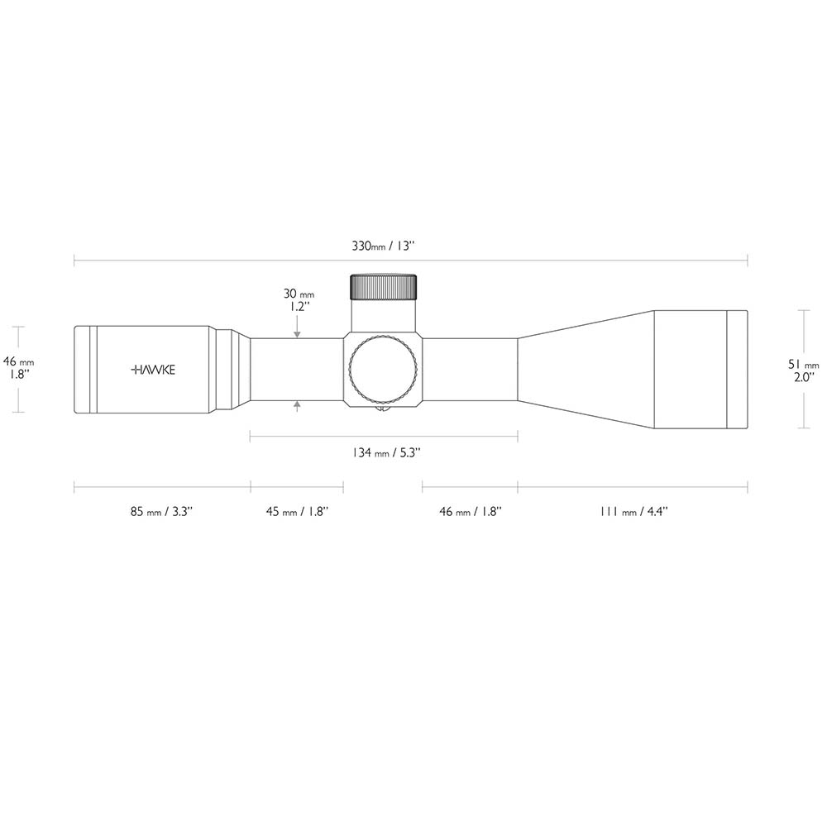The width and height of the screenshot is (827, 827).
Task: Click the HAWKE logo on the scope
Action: point(153,370)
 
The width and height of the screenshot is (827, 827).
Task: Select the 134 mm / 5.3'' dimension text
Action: point(386,452)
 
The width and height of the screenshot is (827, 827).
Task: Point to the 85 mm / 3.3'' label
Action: point(162,512)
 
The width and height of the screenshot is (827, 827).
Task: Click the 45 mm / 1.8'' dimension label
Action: point(298,512)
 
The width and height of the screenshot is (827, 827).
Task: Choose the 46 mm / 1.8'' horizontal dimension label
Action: point(471,512)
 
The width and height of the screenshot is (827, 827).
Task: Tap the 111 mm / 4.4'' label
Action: point(633,512)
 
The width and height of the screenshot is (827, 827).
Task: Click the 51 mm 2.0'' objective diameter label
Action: point(804,370)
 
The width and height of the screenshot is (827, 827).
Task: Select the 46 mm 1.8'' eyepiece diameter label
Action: point(18,368)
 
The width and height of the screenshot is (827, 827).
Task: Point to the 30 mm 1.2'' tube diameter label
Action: point(299,300)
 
